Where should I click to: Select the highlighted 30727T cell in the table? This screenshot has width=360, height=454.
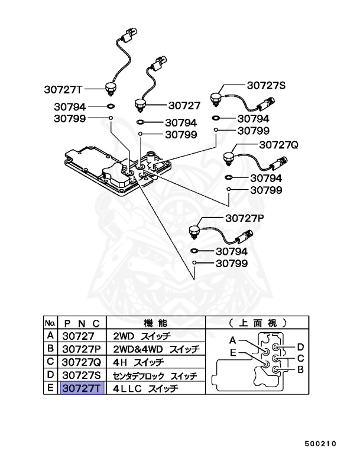(x=82, y=388)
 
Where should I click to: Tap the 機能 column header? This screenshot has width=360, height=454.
(x=155, y=323)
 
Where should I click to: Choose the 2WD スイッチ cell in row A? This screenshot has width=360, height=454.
(x=155, y=336)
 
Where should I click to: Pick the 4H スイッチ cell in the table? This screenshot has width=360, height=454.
(x=155, y=362)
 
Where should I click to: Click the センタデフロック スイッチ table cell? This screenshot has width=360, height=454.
(x=155, y=375)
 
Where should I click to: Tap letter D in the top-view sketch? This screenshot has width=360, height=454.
(x=300, y=346)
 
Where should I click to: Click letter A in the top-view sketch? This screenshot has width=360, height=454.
(x=233, y=340)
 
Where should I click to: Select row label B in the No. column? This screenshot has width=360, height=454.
(x=51, y=349)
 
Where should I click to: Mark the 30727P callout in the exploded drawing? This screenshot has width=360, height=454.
(x=244, y=218)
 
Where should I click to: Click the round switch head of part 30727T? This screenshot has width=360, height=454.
(x=109, y=89)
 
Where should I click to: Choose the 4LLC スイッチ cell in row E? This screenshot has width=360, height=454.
(x=155, y=388)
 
